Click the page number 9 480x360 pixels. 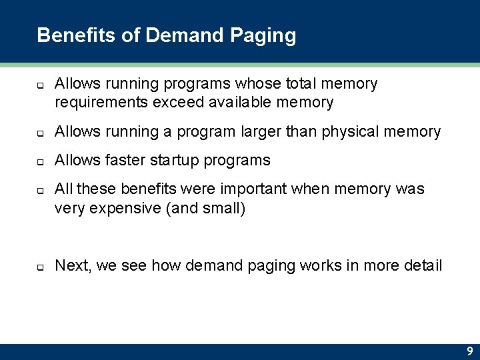469,351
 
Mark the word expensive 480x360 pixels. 120,209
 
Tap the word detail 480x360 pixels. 423,266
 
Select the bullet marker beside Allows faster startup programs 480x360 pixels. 40,161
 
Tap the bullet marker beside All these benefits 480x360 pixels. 40,190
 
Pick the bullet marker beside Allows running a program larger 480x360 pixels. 40,133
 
